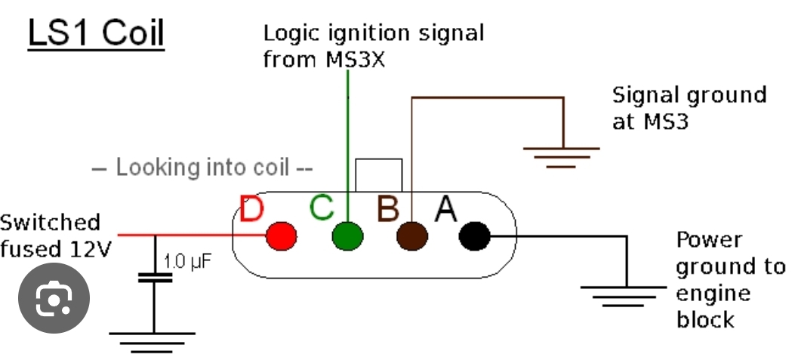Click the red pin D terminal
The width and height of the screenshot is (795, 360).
click(282, 235)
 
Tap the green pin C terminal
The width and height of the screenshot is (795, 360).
click(347, 235)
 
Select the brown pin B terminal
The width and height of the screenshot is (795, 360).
click(412, 235)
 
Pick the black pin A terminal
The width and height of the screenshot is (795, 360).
click(475, 235)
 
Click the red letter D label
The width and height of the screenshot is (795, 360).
click(251, 209)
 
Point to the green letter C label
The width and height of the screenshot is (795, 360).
click(322, 207)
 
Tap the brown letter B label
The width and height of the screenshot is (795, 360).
click(387, 208)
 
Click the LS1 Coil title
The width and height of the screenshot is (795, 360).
click(96, 34)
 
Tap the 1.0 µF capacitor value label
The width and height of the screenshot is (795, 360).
click(184, 263)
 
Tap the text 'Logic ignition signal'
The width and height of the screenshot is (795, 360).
click(373, 34)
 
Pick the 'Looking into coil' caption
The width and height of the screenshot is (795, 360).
click(202, 168)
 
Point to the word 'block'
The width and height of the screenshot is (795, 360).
click(705, 319)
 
